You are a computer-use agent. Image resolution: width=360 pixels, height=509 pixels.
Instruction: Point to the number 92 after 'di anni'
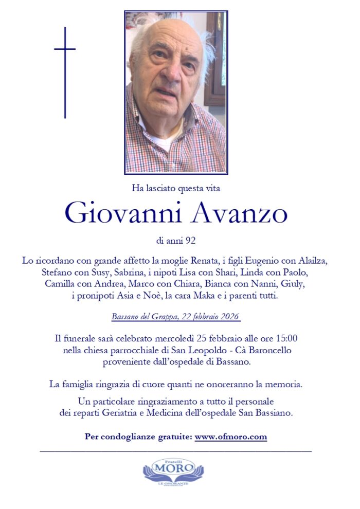coord(191,240)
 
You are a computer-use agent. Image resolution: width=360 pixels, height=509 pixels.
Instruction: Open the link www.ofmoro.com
coord(231,437)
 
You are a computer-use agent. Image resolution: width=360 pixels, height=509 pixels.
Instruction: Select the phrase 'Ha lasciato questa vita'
coord(176,189)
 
